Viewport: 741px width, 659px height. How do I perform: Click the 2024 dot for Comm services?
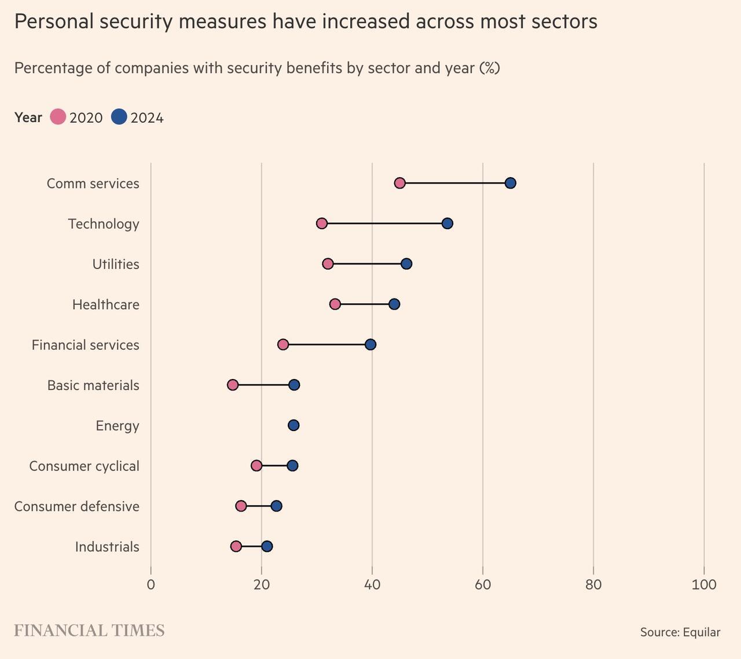(x=510, y=183)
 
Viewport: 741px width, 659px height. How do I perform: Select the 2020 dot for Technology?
(x=322, y=223)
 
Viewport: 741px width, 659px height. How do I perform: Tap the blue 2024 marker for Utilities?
(x=406, y=264)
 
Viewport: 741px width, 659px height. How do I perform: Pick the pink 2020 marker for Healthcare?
(x=335, y=304)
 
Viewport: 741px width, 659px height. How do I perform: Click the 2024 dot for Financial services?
(x=370, y=345)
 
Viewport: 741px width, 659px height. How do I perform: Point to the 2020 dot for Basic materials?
(x=233, y=385)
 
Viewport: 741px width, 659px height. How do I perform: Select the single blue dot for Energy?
(x=294, y=425)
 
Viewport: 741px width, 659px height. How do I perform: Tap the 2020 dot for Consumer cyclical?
(x=256, y=466)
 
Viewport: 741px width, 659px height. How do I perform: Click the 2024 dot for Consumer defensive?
(x=277, y=506)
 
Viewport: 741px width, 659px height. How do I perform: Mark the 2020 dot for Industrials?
(x=236, y=546)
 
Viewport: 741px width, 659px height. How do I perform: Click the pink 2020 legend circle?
(x=58, y=117)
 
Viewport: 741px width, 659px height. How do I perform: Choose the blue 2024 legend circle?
(x=119, y=117)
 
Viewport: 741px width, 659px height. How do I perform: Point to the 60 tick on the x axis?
(x=483, y=584)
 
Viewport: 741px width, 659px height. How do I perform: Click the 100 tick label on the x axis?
(x=704, y=584)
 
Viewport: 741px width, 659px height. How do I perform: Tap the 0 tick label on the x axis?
(x=151, y=584)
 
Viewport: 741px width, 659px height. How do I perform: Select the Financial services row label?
(x=85, y=345)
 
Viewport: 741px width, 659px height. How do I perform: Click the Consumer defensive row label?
(x=76, y=506)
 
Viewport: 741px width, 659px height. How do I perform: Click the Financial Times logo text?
(x=89, y=630)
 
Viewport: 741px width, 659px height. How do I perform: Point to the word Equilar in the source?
(x=701, y=632)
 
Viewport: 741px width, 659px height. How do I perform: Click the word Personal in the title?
(x=53, y=21)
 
